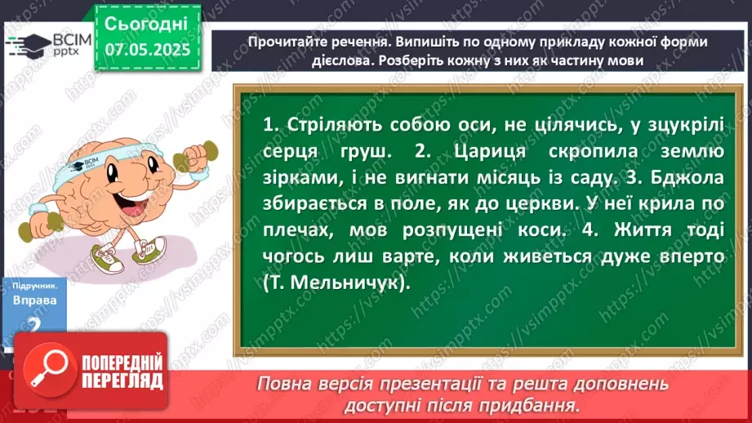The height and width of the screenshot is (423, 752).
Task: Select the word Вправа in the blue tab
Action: click(x=34, y=301)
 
